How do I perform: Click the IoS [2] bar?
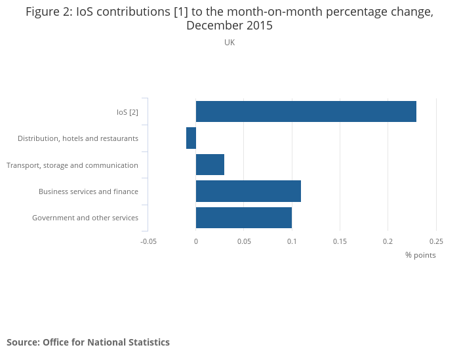point(306,111)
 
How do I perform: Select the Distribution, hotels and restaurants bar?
point(191,138)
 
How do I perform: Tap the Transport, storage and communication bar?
point(210,165)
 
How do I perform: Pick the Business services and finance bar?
point(249,191)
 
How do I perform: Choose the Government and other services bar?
point(244,217)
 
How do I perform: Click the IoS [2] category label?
point(127,112)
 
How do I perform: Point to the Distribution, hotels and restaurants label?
point(78,138)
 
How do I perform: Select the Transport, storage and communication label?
point(72,165)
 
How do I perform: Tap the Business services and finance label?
point(89,191)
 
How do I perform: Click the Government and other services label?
point(85,218)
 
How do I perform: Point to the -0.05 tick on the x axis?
point(148,241)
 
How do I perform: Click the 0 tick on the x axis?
point(196,241)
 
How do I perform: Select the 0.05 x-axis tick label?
point(244,241)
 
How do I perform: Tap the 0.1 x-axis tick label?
point(292,241)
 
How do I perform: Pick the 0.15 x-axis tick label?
point(340,241)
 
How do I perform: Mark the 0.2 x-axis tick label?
point(388,241)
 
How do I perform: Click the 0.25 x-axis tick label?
point(435,241)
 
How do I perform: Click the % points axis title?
point(420,255)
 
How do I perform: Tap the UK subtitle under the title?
point(229,43)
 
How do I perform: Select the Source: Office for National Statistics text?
point(88,342)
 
